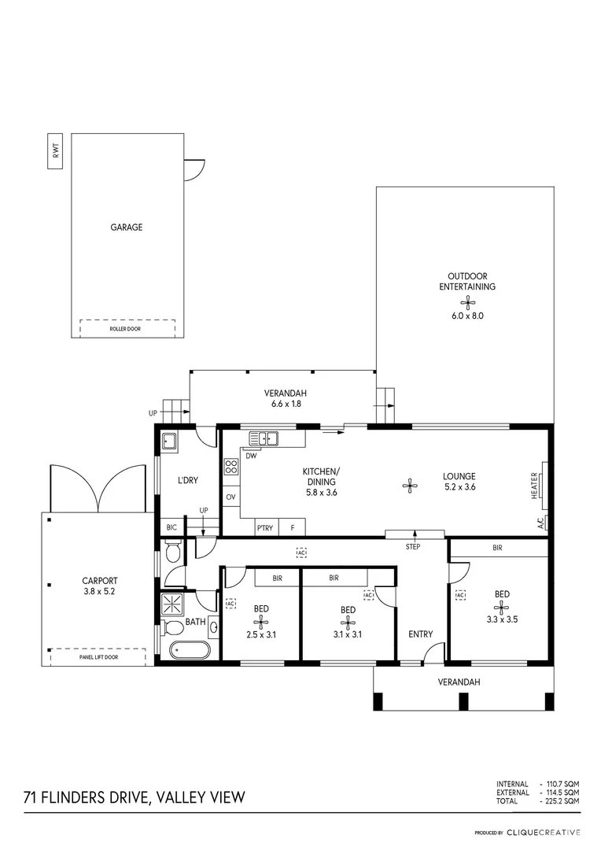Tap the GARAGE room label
126,227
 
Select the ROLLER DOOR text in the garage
125,328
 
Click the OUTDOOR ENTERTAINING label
467,282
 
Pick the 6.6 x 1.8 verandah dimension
284,404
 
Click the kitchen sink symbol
265,439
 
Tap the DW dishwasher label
251,456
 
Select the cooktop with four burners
231,468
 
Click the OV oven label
231,497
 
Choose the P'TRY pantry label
265,528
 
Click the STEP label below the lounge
413,546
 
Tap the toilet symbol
174,552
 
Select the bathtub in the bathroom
190,651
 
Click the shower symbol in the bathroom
170,604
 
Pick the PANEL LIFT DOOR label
98,656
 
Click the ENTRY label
420,634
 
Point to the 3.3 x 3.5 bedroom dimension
501,619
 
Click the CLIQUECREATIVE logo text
543,832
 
